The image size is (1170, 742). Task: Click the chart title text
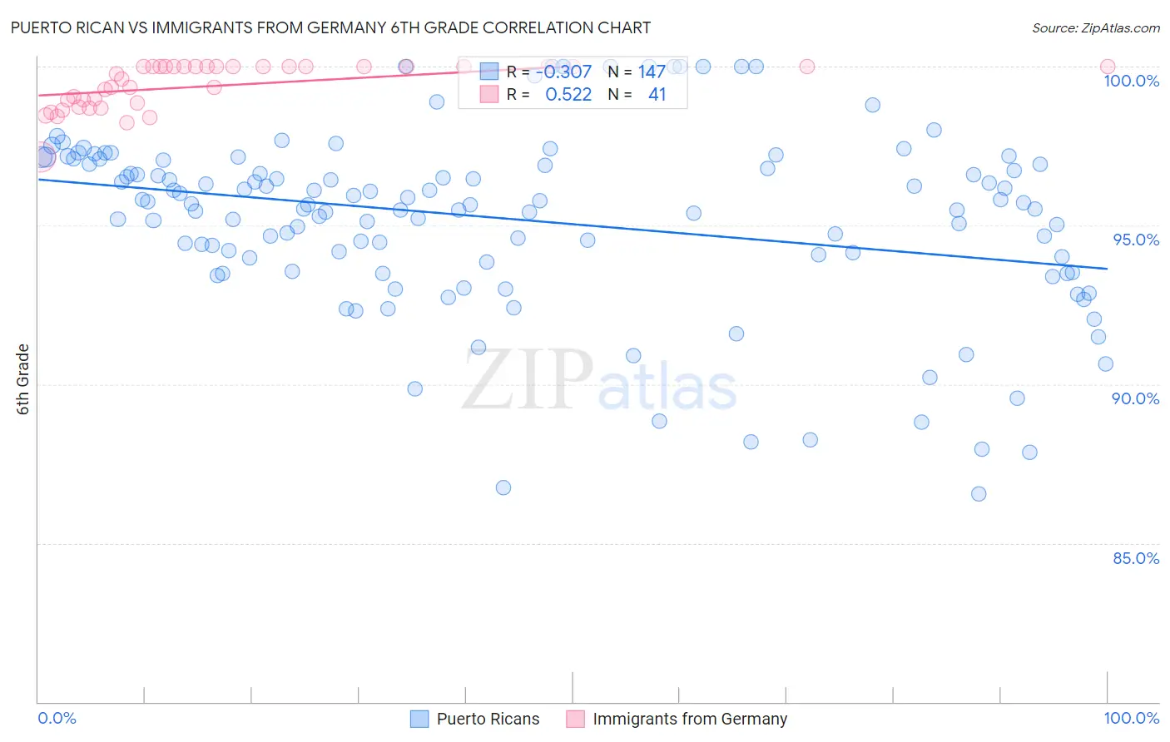[x=330, y=27]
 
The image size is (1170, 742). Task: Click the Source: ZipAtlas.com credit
[x=1095, y=27]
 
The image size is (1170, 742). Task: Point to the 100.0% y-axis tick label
[x=1131, y=81]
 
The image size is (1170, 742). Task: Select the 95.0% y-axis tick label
[x=1136, y=240]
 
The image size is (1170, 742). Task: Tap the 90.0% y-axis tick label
[x=1135, y=398]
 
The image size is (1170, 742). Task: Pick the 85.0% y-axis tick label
[x=1136, y=558]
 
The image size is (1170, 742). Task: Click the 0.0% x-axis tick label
[x=57, y=718]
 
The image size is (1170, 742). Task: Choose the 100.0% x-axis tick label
[x=1131, y=718]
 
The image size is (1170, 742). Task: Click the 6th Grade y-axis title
[x=23, y=379]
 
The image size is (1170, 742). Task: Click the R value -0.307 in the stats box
[x=563, y=72]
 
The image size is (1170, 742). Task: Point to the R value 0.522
[x=568, y=95]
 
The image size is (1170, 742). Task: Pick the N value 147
[x=652, y=72]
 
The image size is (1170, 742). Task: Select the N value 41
[x=657, y=95]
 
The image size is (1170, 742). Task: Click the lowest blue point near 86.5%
[x=979, y=494]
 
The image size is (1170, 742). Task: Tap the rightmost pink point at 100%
[x=1108, y=67]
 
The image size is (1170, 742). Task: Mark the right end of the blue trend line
[x=1107, y=268]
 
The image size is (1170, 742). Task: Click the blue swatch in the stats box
[x=488, y=72]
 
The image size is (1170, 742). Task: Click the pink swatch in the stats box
[x=488, y=95]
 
